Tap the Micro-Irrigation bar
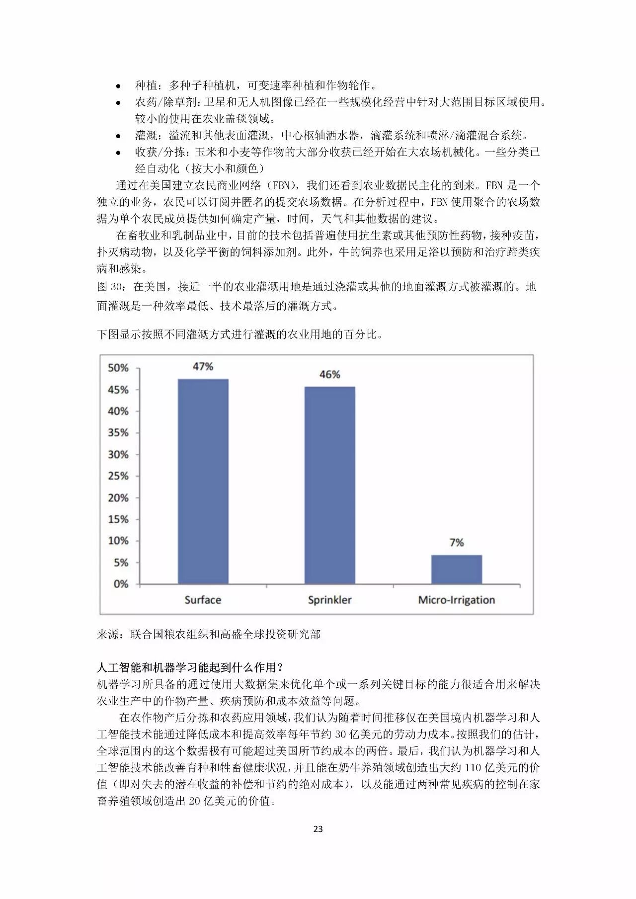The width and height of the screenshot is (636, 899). (456, 569)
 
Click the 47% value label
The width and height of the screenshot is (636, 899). (203, 366)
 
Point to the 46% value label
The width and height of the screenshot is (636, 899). (330, 374)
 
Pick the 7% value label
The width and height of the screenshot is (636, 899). (457, 543)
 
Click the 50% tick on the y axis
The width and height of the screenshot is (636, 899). (118, 368)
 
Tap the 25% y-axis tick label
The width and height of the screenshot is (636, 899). (118, 476)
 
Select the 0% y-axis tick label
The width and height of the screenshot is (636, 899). (121, 584)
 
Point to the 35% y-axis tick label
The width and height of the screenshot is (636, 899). (118, 433)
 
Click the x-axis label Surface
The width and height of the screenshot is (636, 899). (203, 600)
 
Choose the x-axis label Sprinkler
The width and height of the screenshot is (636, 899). (329, 600)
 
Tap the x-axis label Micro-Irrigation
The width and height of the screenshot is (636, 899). (456, 600)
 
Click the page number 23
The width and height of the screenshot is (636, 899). (318, 828)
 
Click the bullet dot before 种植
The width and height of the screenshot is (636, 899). (118, 86)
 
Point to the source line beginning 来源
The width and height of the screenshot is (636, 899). (209, 634)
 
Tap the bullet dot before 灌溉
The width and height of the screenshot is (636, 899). (118, 136)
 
